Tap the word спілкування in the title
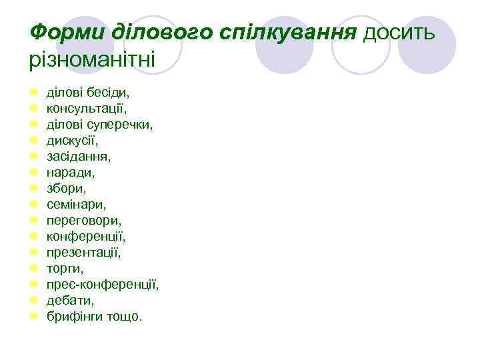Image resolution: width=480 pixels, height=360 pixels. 289,31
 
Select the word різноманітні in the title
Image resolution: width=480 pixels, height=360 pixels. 92,60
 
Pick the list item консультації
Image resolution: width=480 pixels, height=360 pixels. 86,108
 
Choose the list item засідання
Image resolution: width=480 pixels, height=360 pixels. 79,156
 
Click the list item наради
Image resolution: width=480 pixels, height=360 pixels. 71,172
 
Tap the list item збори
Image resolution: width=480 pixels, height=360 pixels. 67,188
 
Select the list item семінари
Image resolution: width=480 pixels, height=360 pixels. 76,204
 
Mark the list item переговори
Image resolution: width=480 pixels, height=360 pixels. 84,220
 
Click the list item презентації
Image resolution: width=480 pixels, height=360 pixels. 84,252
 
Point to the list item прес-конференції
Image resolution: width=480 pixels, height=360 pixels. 103,284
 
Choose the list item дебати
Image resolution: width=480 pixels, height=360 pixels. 71,300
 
